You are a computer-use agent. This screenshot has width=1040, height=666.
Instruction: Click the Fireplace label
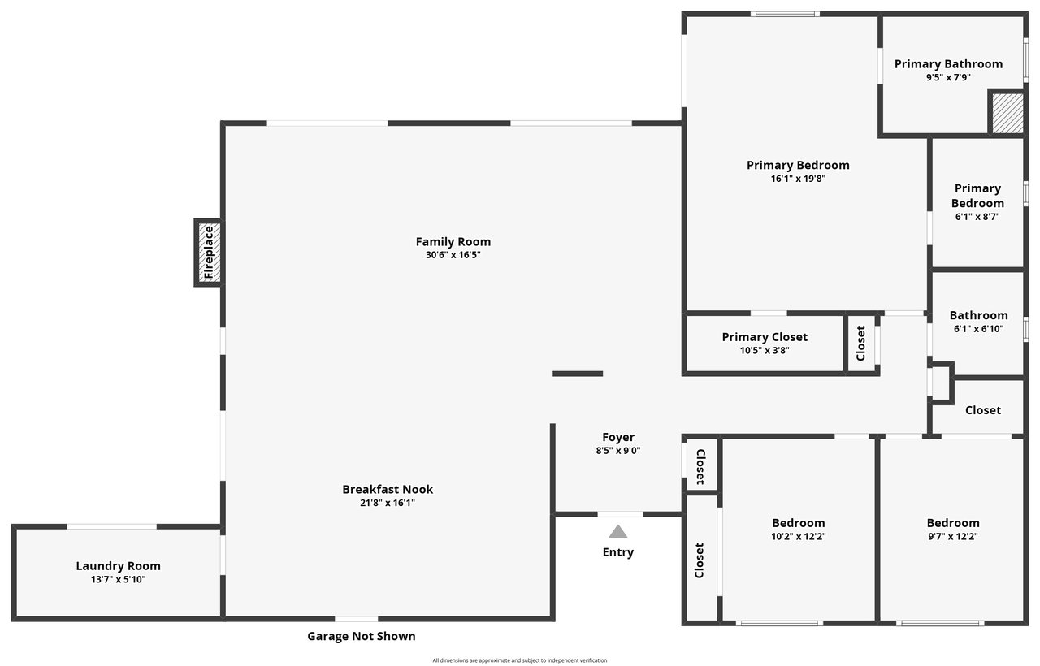[x=209, y=252]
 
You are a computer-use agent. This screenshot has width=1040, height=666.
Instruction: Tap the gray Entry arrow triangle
[x=618, y=532]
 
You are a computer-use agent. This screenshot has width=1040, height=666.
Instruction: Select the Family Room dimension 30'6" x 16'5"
[x=453, y=255]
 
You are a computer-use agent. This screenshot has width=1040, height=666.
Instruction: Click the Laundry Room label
[x=119, y=566]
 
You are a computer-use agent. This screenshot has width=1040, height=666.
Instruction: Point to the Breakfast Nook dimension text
[x=388, y=503]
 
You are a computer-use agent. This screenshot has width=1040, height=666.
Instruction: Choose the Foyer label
[x=618, y=437]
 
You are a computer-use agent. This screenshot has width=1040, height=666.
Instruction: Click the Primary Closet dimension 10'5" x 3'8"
[x=765, y=350]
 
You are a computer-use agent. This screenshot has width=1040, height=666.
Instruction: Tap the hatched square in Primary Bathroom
[x=1008, y=113]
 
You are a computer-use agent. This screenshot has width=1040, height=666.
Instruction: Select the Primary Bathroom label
[x=948, y=64]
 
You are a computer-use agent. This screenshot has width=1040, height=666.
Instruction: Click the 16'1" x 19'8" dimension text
[x=798, y=179]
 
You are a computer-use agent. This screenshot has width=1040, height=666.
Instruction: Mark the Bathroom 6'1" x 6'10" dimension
[x=979, y=329]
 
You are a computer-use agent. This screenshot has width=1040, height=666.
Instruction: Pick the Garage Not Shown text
[x=362, y=636]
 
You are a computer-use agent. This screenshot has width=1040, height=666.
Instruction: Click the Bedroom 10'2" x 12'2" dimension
[x=799, y=537]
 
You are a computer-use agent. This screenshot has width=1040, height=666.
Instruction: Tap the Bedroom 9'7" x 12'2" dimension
[x=953, y=537]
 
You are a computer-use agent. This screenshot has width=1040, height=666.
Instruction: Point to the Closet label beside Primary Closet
[x=860, y=343]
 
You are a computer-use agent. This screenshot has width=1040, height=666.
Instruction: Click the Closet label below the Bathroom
[x=983, y=410]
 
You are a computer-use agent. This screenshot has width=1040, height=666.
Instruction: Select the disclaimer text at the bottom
[x=519, y=660]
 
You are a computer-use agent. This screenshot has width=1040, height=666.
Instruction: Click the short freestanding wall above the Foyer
[x=578, y=374]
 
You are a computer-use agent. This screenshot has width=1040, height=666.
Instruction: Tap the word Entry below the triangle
[x=618, y=552]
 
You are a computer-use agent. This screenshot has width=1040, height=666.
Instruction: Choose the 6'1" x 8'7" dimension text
[x=977, y=217]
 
